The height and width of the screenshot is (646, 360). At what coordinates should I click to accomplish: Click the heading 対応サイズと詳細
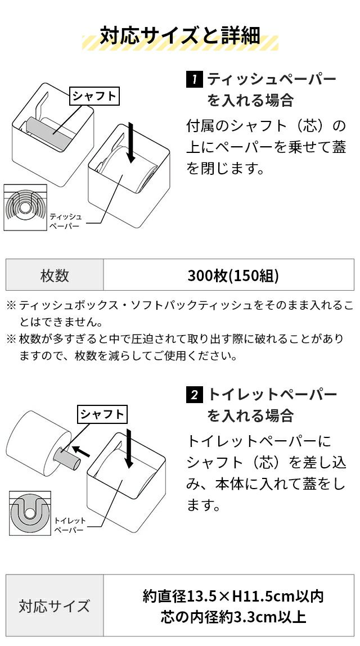pos(180,36)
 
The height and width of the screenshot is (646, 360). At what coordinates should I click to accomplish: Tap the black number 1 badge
pos(195,79)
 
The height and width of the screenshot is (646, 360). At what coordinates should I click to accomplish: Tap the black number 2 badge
pos(195,395)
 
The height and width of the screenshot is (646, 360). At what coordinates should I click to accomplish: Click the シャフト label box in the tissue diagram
pos(94,96)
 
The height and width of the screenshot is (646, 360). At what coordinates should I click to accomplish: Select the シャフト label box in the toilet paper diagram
pos(102,414)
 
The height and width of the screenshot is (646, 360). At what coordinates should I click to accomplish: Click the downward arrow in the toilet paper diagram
pos(129,448)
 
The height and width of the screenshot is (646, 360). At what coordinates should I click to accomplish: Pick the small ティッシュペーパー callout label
pos(65,221)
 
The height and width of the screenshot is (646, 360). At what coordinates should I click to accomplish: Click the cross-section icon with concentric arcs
pos(25,207)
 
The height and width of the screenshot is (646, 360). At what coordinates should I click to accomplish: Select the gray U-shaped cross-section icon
pos(30,513)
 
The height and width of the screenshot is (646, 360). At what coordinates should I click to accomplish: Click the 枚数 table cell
pos(55,275)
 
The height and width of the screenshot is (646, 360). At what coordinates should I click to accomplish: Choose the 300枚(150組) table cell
pos(229,275)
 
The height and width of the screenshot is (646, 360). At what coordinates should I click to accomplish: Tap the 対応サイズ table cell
pos(55,605)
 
